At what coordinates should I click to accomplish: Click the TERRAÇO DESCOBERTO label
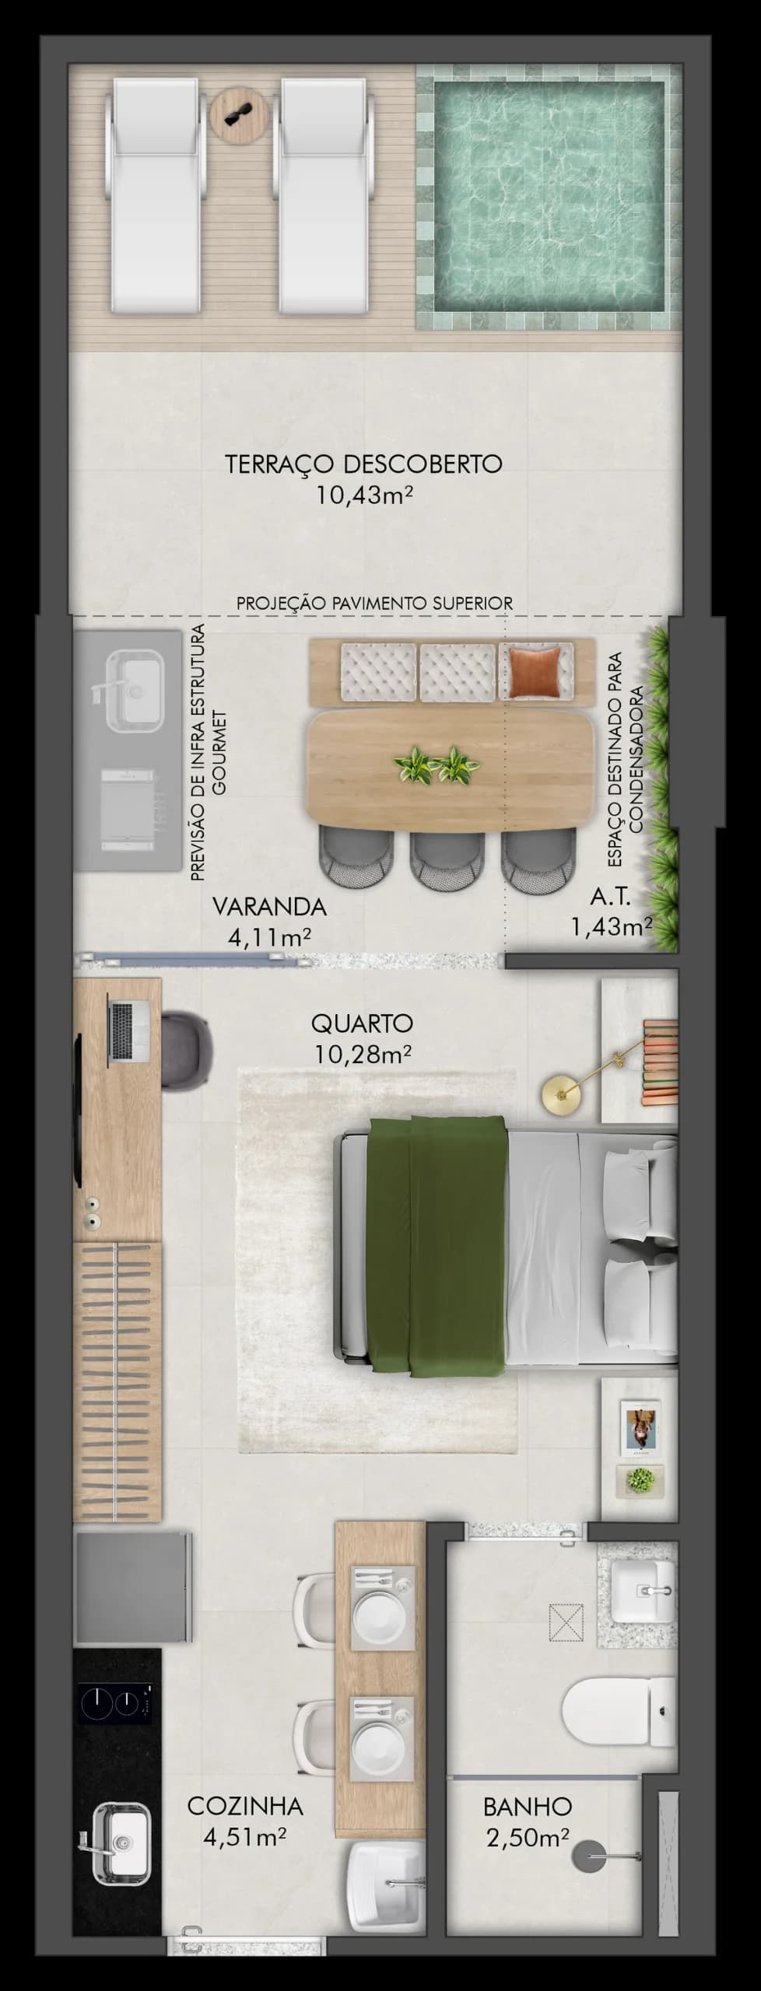coord(363,464)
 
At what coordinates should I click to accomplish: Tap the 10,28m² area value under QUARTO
coord(363,1055)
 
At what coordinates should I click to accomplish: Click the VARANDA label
coord(269,906)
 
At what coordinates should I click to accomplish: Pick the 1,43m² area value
coord(611,926)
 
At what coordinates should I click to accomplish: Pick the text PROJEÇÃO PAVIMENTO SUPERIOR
coord(374,603)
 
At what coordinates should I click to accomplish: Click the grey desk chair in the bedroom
coord(187,1048)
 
